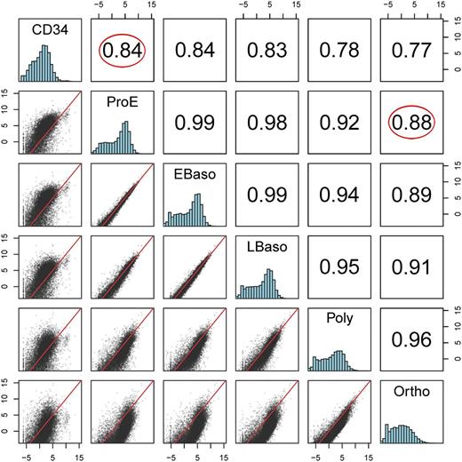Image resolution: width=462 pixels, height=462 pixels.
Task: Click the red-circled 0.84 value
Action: [123, 52]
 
